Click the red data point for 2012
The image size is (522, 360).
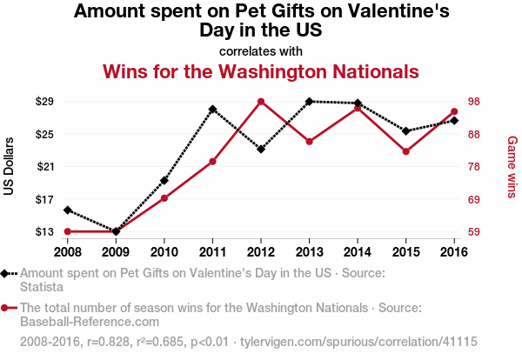261,102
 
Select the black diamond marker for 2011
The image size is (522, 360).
212,110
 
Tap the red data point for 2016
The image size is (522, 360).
454,111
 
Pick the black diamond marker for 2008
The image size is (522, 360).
67,210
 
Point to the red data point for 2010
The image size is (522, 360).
164,198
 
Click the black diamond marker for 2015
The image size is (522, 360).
405,131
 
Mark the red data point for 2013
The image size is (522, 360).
309,141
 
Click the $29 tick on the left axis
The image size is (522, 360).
44,102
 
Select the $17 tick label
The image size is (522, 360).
44,199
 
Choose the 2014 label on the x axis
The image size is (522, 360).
358,251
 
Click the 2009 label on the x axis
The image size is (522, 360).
116,251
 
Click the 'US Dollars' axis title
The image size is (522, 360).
10,166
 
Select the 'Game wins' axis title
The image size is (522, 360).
512,166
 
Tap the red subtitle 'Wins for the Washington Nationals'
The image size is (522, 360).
261,70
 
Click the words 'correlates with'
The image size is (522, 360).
261,50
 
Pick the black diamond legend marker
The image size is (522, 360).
6,273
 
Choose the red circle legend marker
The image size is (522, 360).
6,308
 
